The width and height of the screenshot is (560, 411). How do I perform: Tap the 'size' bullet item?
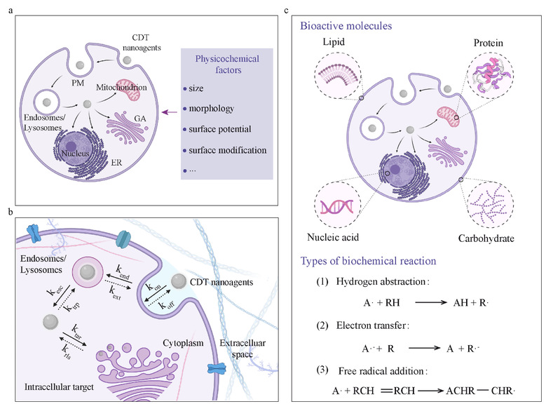[x=197, y=91]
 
